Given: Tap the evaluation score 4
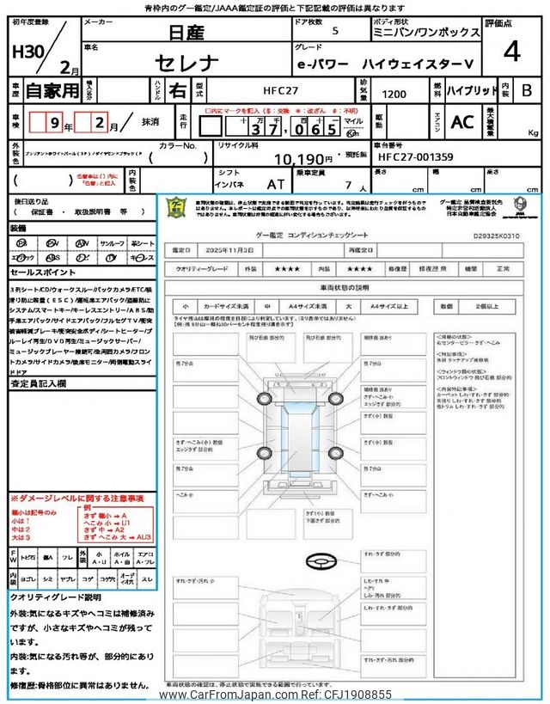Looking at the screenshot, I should click(x=512, y=52).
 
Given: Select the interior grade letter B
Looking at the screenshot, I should click(x=527, y=89).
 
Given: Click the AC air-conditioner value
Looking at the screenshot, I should click(x=462, y=122).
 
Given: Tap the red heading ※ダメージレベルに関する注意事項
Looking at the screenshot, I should click(x=76, y=499).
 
